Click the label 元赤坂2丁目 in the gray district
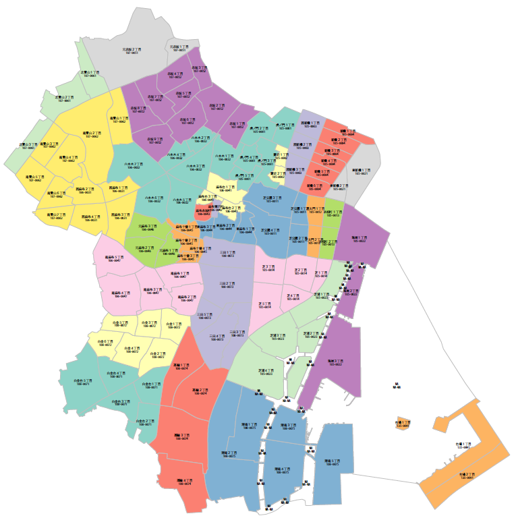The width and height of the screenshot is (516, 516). coord(131,51)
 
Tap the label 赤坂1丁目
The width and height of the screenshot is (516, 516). coord(237,125)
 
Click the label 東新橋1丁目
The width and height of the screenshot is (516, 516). coord(361,171)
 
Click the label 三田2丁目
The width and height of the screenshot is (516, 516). coord(227,285)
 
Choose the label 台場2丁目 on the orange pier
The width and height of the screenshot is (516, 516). coord(466,476)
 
